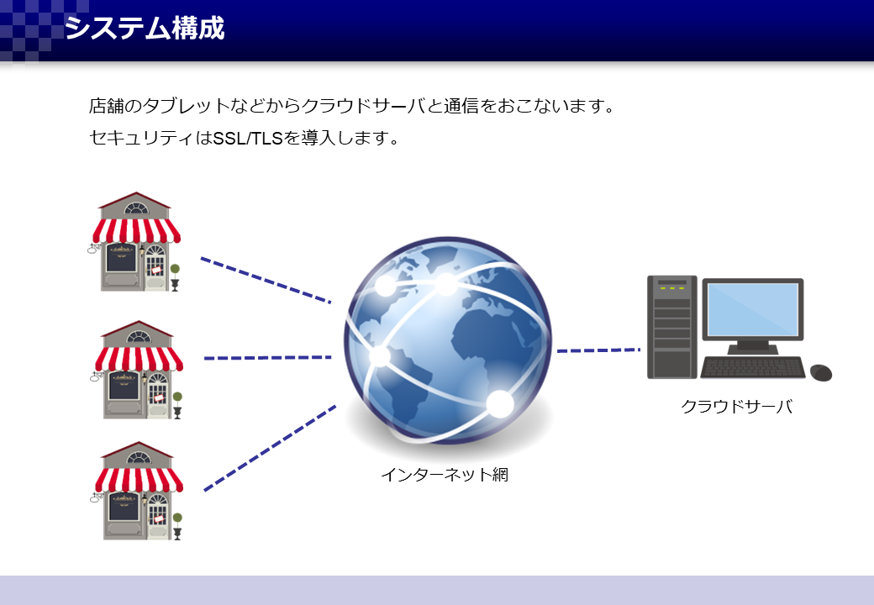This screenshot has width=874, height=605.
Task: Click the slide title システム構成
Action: click(x=145, y=28)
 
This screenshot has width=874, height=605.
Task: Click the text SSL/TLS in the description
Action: click(x=247, y=138)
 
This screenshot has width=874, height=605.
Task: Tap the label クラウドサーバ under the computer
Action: click(x=736, y=406)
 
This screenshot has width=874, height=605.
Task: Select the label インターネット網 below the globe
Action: click(x=445, y=475)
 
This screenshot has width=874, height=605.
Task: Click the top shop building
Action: click(x=135, y=242)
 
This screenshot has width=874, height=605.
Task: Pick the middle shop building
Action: click(x=138, y=370)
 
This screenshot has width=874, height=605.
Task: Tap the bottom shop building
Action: click(x=138, y=491)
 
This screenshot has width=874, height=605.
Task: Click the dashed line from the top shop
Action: click(x=266, y=280)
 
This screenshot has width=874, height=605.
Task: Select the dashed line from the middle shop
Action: click(x=267, y=358)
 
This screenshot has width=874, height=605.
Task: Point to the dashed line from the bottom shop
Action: click(x=270, y=449)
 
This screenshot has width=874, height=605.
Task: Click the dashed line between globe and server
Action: click(x=598, y=350)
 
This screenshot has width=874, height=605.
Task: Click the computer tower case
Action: click(x=671, y=327)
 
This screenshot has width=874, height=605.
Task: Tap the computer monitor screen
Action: click(x=752, y=309)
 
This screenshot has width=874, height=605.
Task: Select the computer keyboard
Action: click(x=752, y=368)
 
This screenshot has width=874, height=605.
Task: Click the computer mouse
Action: click(x=820, y=373)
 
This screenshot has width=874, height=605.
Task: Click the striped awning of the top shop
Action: click(x=136, y=230)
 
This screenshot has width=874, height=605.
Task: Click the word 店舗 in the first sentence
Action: click(x=107, y=105)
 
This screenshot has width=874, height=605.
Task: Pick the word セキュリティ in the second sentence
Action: click(x=142, y=138)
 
